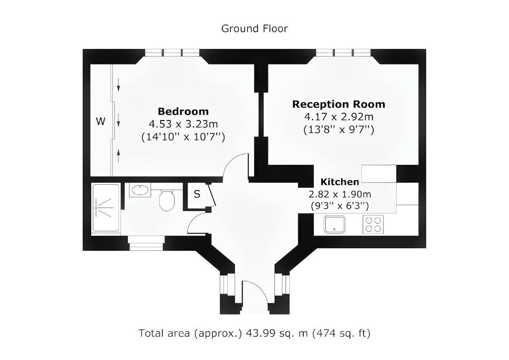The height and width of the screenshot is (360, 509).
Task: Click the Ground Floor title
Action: (x=254, y=28)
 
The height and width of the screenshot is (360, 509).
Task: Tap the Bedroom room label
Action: (x=183, y=112)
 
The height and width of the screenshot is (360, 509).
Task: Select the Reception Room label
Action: (x=338, y=104)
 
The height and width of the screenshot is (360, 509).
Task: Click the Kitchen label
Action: (x=339, y=182)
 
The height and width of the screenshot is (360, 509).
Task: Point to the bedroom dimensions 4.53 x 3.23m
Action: (x=183, y=124)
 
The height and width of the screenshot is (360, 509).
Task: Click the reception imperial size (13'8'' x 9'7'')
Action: (x=338, y=130)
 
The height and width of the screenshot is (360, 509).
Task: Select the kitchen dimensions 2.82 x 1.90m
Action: (x=339, y=194)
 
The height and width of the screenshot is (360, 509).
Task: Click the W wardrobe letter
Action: (x=101, y=122)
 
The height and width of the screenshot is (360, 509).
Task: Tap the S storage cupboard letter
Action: (x=197, y=195)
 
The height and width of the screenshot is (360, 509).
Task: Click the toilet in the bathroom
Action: (x=166, y=200)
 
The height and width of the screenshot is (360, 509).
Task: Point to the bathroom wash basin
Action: (x=139, y=191)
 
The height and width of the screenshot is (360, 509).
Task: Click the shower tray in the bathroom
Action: (x=106, y=208)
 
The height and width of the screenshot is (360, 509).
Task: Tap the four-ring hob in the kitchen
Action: (x=373, y=224)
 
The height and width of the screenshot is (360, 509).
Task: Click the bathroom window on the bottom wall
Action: (x=146, y=244)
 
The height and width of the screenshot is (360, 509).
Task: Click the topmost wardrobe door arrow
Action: (x=118, y=87)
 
